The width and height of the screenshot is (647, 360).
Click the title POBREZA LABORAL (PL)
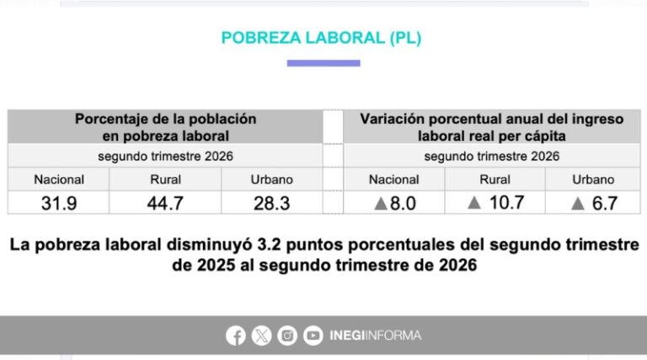pyautogui.click(x=321, y=38)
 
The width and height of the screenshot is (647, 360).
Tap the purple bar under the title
pyautogui.click(x=323, y=63)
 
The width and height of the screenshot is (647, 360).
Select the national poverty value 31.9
pyautogui.click(x=59, y=203)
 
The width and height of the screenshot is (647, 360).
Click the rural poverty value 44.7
pyautogui.click(x=165, y=203)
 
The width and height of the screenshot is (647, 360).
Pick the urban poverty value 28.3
pyautogui.click(x=271, y=203)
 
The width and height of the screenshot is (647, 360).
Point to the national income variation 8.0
pyautogui.click(x=404, y=203)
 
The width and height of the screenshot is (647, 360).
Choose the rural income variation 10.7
pyautogui.click(x=506, y=202)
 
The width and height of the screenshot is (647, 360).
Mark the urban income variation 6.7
pyautogui.click(x=605, y=203)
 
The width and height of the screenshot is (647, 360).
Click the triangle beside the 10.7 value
pyautogui.click(x=474, y=202)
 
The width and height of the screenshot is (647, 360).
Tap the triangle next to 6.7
pyautogui.click(x=578, y=203)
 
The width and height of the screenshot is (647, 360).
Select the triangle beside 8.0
pyautogui.click(x=381, y=203)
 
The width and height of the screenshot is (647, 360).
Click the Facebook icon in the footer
pyautogui.click(x=236, y=336)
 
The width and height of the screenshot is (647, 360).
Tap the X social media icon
pyautogui.click(x=262, y=336)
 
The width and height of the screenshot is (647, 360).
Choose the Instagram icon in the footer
pyautogui.click(x=287, y=336)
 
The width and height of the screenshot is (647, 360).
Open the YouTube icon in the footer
pyautogui.click(x=313, y=336)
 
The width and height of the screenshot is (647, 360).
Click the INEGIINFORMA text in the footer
pyautogui.click(x=376, y=336)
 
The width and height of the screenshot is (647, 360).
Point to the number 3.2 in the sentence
pyautogui.click(x=269, y=244)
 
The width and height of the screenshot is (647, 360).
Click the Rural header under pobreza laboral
pyautogui.click(x=165, y=180)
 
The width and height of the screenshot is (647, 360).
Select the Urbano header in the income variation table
pyautogui.click(x=593, y=180)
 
